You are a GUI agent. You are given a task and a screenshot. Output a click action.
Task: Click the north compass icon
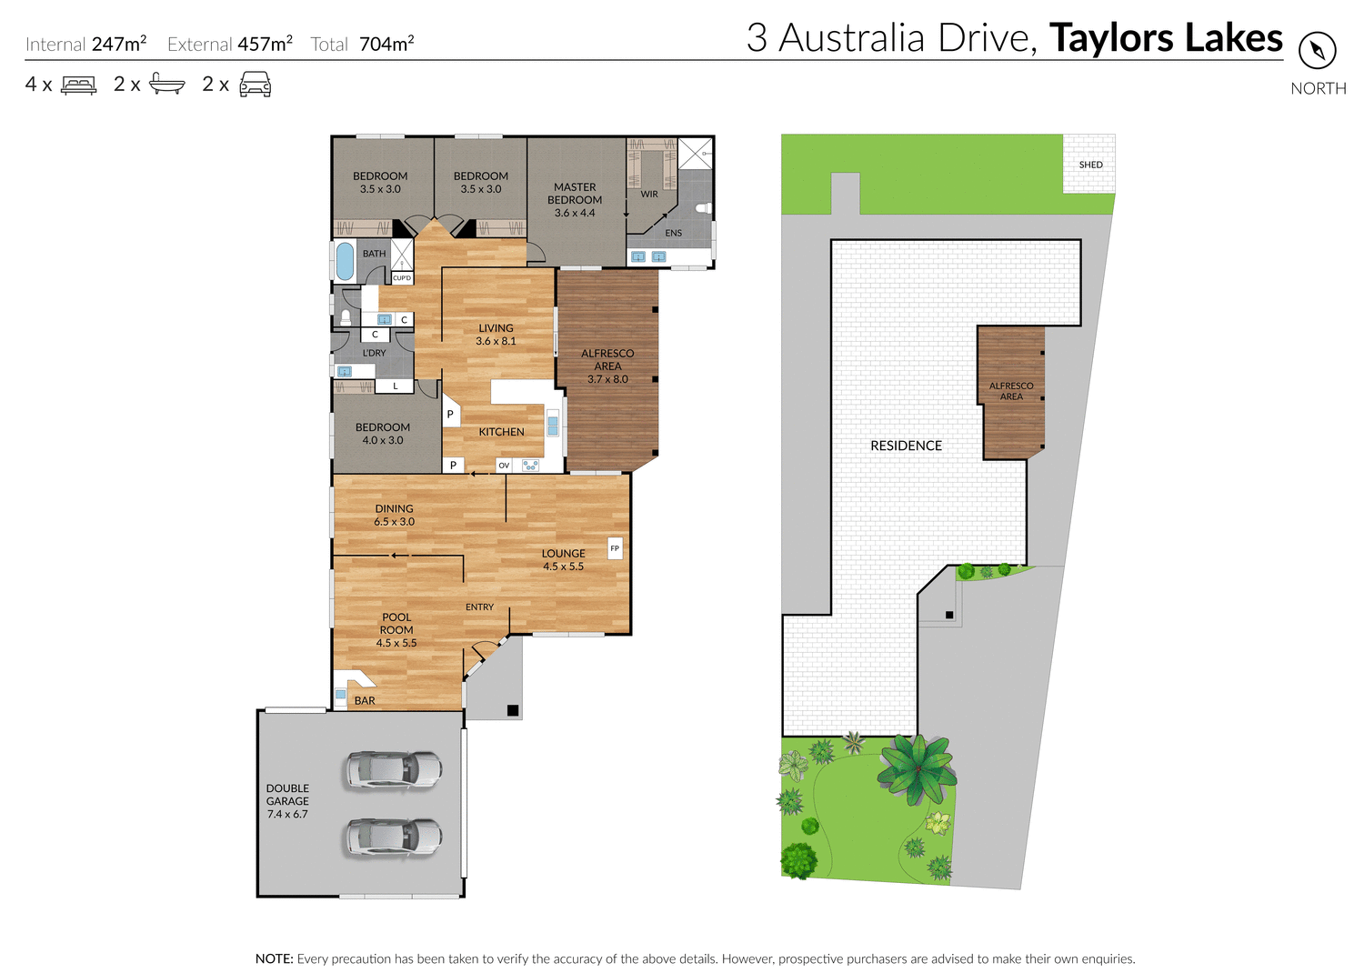(1317, 50)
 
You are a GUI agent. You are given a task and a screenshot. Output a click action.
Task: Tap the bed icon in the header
(79, 85)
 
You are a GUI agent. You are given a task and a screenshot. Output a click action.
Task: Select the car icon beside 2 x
(256, 85)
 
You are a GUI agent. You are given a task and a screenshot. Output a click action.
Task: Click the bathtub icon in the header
(167, 85)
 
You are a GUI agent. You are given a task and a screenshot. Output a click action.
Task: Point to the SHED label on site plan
(1090, 165)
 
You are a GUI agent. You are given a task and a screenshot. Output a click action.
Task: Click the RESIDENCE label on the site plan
(906, 446)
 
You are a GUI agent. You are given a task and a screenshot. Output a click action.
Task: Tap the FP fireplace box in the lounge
(615, 548)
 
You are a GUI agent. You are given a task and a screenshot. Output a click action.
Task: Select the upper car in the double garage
(393, 769)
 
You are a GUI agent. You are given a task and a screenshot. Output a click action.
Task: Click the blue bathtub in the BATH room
(345, 261)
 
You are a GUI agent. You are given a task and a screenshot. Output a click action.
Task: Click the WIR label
(649, 194)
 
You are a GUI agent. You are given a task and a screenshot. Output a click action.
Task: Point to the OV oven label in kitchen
(504, 466)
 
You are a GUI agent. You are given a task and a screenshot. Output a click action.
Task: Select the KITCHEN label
(501, 432)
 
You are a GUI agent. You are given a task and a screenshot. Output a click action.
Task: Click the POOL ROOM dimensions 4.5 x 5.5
(396, 643)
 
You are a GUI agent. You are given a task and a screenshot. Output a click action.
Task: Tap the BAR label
(365, 700)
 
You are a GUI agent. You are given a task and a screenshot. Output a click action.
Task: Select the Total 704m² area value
(386, 44)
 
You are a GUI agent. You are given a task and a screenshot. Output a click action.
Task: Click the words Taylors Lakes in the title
(1166, 38)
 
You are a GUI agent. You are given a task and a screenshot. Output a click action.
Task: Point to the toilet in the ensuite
(702, 208)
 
